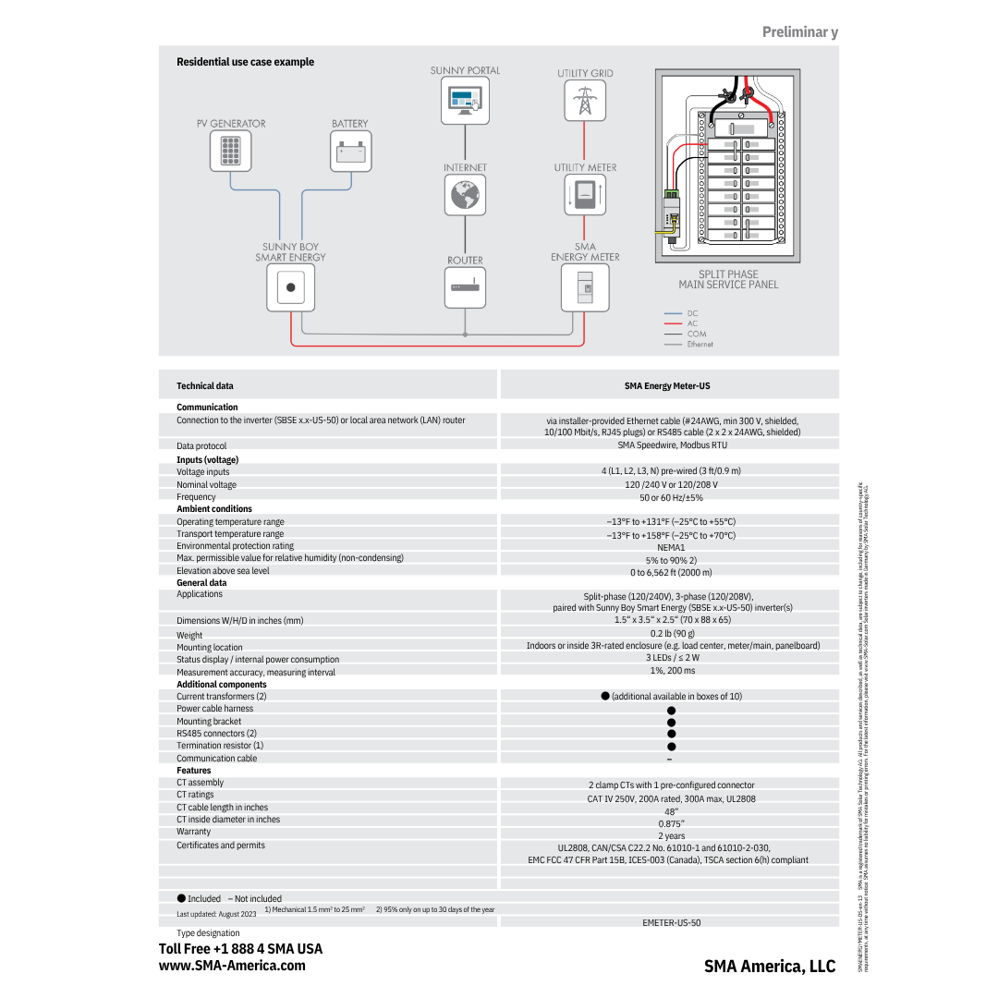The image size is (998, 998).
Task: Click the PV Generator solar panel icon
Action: pos(230,151)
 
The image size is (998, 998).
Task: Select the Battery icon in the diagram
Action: pos(350,151)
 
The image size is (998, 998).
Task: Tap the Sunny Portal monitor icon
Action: pos(465,101)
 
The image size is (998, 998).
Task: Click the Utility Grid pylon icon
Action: pos(584,101)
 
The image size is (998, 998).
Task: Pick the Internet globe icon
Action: pos(465,194)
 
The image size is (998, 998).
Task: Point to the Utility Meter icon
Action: pos(585,194)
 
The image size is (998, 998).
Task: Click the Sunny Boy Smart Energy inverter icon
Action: pos(290,286)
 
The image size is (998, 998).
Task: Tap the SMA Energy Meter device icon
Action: pos(585,286)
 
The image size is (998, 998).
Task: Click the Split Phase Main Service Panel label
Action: pos(728,279)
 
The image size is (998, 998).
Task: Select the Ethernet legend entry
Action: pos(700,344)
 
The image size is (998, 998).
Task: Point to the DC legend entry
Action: pos(692,313)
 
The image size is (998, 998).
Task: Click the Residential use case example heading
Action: pos(245,62)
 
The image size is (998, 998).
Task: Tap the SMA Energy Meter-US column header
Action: pos(667,386)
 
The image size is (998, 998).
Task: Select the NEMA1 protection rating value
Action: pos(671,547)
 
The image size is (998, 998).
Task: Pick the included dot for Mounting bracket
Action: pos(672,723)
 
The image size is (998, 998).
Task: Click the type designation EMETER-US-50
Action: pos(671,922)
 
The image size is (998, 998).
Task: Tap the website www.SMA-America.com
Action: pos(232,965)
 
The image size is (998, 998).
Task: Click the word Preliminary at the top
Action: pos(799,32)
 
